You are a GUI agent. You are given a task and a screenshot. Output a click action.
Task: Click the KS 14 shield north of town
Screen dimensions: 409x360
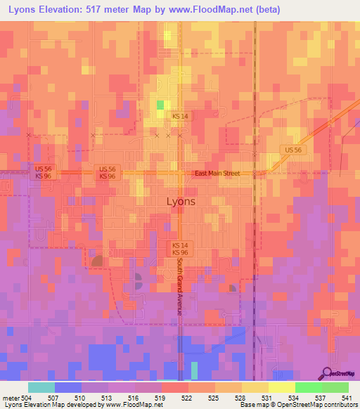180,115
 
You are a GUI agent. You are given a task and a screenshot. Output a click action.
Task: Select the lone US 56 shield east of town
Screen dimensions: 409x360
293,150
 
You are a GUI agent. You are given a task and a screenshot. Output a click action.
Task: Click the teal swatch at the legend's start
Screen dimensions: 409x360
41,387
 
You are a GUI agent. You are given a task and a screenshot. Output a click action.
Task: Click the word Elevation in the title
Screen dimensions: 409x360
68,9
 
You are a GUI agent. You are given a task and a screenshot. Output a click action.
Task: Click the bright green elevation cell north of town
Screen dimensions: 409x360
160,105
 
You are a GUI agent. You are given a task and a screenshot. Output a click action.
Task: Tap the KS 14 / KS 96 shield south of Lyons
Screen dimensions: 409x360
180,248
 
